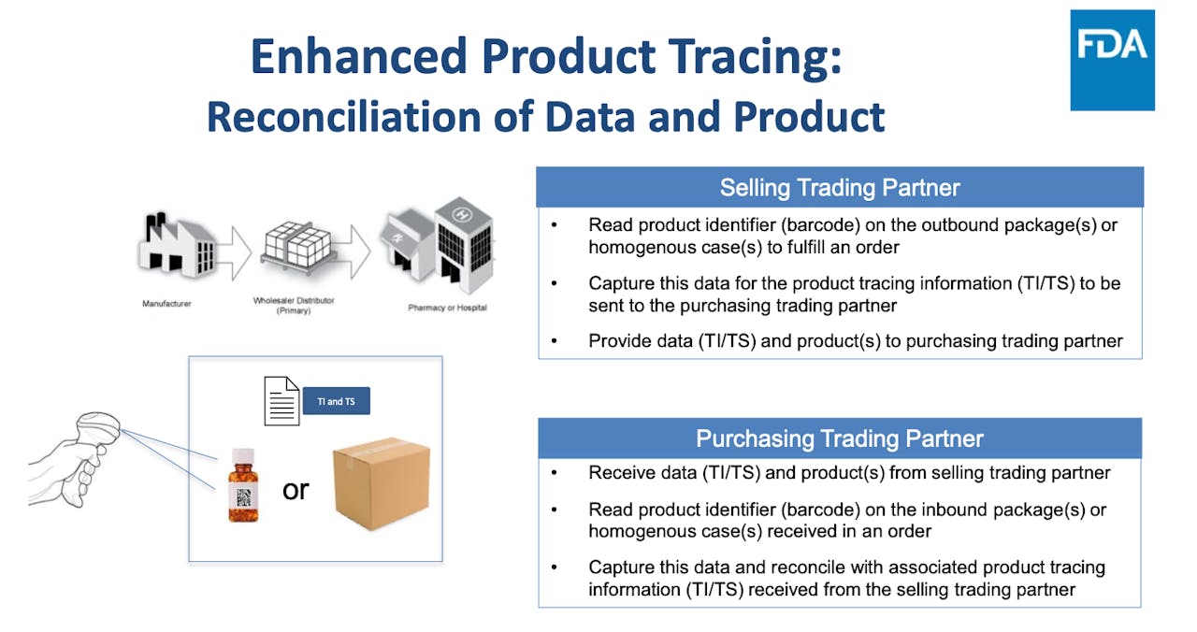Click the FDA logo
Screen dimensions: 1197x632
click(x=1112, y=60)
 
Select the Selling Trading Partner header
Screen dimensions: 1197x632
click(x=840, y=188)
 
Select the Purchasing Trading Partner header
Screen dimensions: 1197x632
click(x=840, y=438)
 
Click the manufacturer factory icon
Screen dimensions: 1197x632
click(x=178, y=245)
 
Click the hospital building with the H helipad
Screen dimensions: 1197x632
click(x=464, y=245)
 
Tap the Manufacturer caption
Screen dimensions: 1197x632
click(x=166, y=304)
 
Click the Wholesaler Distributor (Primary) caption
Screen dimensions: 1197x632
click(x=294, y=305)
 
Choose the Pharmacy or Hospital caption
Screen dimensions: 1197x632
click(x=447, y=308)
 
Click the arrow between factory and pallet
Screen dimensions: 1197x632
click(x=234, y=252)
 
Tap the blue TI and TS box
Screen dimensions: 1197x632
click(x=336, y=401)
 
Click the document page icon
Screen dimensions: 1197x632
click(x=281, y=401)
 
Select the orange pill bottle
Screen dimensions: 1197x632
click(x=243, y=485)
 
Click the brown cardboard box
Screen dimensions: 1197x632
click(x=382, y=483)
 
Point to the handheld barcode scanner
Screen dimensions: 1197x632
click(x=74, y=459)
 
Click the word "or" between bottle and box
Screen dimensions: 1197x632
click(x=296, y=490)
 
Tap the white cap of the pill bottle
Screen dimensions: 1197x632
click(x=243, y=455)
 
